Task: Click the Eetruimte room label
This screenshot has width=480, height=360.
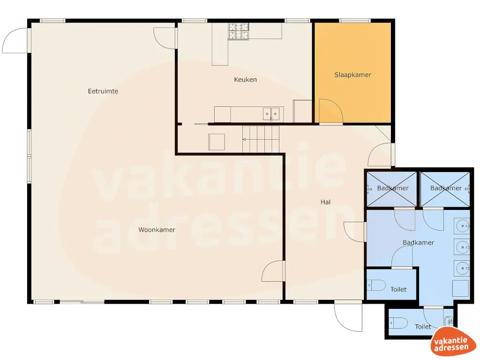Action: point(103,91)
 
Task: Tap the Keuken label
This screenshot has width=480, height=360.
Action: point(245,80)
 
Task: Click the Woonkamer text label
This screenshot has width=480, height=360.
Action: point(157,230)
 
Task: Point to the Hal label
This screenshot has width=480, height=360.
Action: point(325,202)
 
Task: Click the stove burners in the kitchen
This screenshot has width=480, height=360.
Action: point(238,31)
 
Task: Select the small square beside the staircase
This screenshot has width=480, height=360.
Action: point(217,142)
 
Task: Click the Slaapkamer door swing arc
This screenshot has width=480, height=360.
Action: point(330,111)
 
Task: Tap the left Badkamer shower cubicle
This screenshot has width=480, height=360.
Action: point(391,188)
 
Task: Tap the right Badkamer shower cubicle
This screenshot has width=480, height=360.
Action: point(445,188)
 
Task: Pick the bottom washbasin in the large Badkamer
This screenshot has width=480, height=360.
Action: point(462,268)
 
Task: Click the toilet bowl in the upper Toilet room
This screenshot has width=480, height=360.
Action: point(375,285)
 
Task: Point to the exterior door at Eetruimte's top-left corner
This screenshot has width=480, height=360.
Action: point(15,41)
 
